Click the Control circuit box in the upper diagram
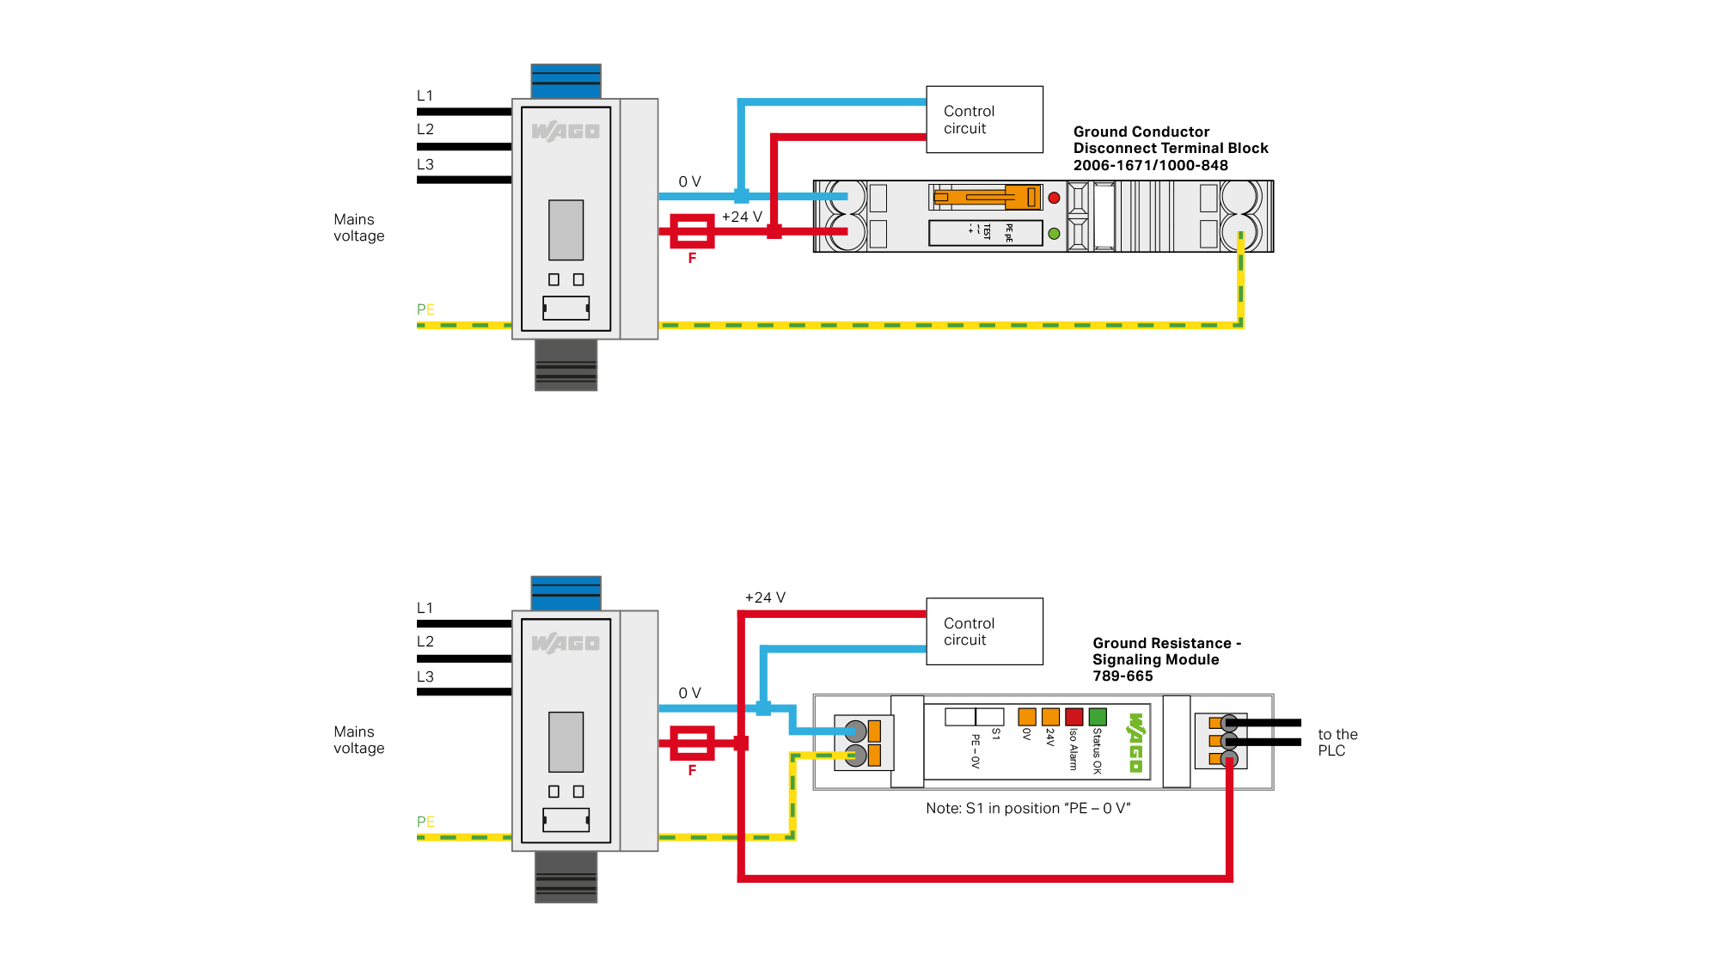point(984,119)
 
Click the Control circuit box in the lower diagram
point(984,632)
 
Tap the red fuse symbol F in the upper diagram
point(692,231)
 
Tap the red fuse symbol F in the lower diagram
point(692,744)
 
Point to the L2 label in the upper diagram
point(425,130)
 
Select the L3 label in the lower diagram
point(425,676)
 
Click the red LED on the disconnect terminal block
point(1054,198)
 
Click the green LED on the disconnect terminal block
point(1054,233)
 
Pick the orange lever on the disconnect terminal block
point(988,197)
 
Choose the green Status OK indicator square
point(1098,717)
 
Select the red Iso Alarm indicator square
point(1074,717)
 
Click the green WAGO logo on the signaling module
point(1135,742)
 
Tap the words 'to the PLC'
point(1337,743)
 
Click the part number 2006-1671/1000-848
point(1150,166)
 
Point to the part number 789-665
point(1123,676)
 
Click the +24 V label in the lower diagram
point(765,597)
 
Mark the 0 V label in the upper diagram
point(689,182)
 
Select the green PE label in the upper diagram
point(425,309)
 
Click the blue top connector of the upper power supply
point(566,81)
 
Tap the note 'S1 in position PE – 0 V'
point(1028,809)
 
